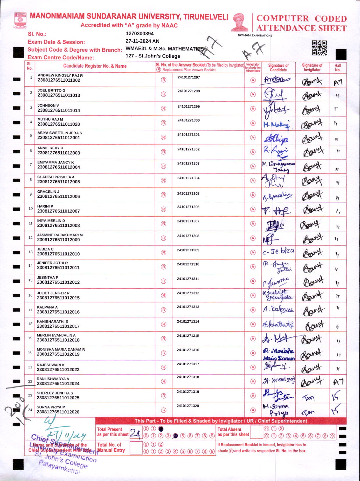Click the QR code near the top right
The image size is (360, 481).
click(319, 48)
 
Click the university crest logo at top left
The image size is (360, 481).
click(20, 20)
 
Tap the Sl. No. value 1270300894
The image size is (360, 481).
click(140, 34)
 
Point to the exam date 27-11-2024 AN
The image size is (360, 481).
click(142, 41)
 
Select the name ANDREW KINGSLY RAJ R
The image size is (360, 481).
click(60, 76)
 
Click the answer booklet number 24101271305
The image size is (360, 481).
click(188, 194)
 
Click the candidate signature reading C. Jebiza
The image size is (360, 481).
click(278, 251)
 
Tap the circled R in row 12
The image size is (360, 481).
click(164, 238)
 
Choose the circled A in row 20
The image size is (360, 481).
click(253, 353)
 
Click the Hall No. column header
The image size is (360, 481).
click(338, 67)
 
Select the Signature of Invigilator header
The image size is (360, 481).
click(312, 67)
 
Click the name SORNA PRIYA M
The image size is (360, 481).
click(51, 407)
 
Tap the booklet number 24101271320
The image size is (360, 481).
click(188, 406)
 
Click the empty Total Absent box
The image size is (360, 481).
click(256, 432)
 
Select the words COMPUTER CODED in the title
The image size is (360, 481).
click(301, 19)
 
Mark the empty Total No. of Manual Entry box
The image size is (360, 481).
click(136, 448)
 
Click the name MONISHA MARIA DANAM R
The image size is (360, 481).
click(61, 349)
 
